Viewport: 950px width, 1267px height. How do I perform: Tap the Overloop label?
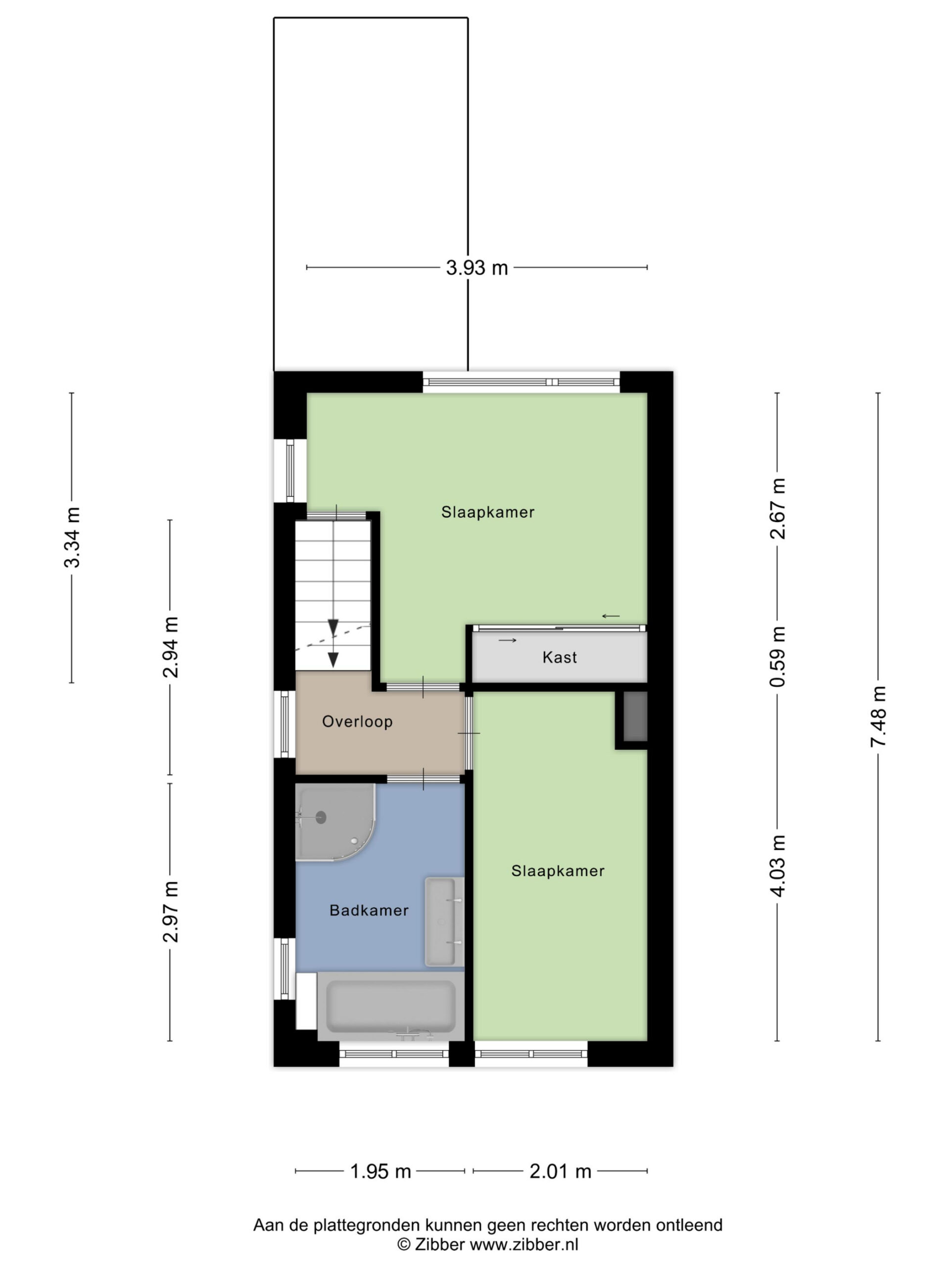(357, 722)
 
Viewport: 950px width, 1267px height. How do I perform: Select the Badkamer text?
(369, 910)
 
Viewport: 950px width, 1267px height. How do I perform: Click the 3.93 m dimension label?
(477, 267)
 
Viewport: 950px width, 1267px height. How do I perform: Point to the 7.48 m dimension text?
(878, 717)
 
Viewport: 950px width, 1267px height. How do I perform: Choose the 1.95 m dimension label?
(380, 1171)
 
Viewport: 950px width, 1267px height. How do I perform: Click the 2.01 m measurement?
(560, 1171)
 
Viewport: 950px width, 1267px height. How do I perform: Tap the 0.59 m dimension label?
(778, 656)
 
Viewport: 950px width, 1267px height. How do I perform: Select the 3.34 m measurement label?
(72, 537)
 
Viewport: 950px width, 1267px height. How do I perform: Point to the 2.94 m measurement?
(170, 647)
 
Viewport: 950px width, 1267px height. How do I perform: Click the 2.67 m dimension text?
(778, 509)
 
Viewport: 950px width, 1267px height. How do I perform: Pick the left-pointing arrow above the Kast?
(611, 616)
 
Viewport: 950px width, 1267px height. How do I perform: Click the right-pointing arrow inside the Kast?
(507, 640)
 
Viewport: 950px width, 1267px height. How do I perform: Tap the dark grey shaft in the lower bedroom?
(634, 716)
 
